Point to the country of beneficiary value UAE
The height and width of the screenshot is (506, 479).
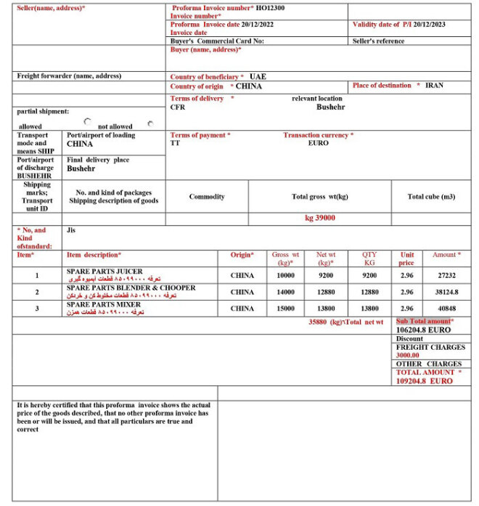tap(258, 76)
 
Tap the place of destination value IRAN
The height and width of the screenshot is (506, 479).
tap(434, 86)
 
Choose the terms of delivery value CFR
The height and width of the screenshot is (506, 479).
tap(178, 107)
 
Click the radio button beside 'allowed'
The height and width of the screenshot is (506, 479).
tap(88, 122)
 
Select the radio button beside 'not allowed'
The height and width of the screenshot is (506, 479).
tap(151, 123)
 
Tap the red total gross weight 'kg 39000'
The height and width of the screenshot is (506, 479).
tap(319, 218)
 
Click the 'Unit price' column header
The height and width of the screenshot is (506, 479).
tap(407, 258)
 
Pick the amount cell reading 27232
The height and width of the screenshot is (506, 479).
tap(444, 275)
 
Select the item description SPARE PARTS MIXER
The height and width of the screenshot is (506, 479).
tap(104, 304)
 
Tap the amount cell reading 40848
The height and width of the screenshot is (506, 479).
tap(444, 309)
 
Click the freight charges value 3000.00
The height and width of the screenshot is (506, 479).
tap(408, 355)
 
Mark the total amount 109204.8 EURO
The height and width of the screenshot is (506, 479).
tap(424, 380)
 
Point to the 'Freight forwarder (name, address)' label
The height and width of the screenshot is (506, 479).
tap(69, 76)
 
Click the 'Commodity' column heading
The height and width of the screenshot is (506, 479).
tap(207, 197)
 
